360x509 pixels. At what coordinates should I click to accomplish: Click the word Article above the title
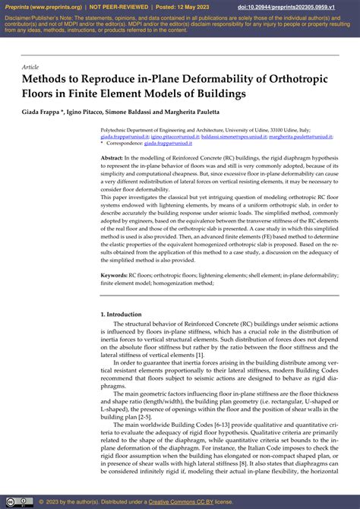(30, 67)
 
